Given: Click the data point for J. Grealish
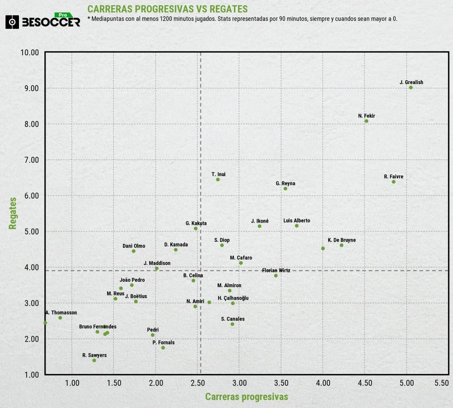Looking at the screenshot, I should [x=411, y=88].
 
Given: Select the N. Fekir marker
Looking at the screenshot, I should [x=366, y=121].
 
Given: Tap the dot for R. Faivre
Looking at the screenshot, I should [x=393, y=182].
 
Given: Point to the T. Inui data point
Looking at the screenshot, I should [x=218, y=180].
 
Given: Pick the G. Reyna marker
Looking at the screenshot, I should [x=285, y=189].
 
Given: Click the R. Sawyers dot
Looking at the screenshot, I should [x=94, y=360].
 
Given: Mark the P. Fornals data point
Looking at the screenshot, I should [x=163, y=348].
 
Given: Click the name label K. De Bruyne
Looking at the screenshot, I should [x=342, y=240].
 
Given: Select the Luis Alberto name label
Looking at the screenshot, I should [x=296, y=221].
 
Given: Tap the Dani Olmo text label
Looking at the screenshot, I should [x=134, y=246].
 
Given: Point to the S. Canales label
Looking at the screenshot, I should [x=233, y=319].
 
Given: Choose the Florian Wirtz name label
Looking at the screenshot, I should [x=276, y=270].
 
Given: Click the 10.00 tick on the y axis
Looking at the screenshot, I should [x=30, y=52].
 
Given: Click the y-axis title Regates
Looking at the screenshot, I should [x=13, y=213].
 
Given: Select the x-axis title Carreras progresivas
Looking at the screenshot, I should [x=246, y=396].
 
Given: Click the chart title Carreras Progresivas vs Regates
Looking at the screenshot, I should [x=168, y=9].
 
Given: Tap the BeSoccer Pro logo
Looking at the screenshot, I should [x=43, y=21].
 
